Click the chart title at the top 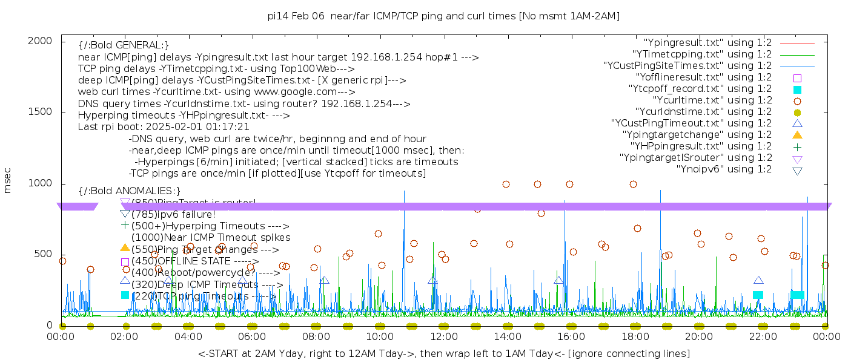click(x=443, y=16)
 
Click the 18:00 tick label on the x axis click(x=635, y=336)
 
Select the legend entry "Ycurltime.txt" click(x=712, y=100)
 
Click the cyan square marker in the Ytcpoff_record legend click(x=797, y=89)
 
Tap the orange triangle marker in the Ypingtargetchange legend click(x=797, y=135)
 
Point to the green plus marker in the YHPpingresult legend click(x=797, y=146)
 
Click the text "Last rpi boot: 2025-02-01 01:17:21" click(x=164, y=127)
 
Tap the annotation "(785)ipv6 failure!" click(x=173, y=214)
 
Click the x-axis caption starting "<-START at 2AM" click(x=443, y=353)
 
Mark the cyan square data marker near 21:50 click(x=758, y=295)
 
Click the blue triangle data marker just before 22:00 click(x=758, y=280)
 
